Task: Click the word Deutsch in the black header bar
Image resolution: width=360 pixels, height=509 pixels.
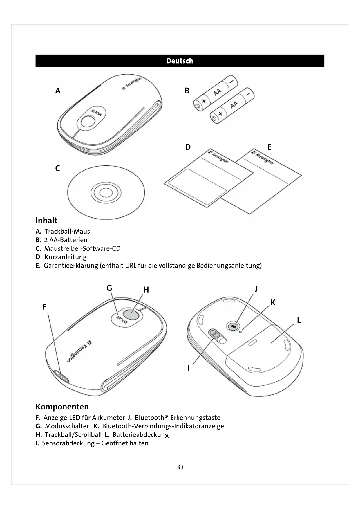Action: tap(180, 61)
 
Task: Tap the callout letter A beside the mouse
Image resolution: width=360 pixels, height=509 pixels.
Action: tap(58, 91)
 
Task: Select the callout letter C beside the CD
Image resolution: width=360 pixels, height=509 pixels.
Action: tap(57, 168)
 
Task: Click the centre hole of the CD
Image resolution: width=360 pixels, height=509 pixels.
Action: tap(106, 192)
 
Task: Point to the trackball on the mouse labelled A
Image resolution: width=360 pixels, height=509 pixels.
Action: tap(88, 121)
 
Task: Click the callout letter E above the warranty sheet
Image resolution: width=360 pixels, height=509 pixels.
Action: tap(269, 147)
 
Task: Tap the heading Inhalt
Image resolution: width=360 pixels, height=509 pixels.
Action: tap(46, 221)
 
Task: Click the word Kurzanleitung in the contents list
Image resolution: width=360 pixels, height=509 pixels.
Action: tap(66, 257)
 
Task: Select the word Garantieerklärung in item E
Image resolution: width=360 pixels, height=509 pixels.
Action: tap(71, 266)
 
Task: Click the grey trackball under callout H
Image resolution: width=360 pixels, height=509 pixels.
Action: tap(131, 314)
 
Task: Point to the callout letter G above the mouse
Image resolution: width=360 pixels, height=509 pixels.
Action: tap(109, 288)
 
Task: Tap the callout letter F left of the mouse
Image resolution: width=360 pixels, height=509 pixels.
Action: tap(44, 307)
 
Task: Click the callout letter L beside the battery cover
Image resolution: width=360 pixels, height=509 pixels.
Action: tap(299, 321)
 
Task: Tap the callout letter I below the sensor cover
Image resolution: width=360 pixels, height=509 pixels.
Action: tap(189, 368)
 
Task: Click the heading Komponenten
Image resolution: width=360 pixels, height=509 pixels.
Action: tap(62, 407)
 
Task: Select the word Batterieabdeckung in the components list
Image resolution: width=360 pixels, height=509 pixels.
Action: tap(140, 435)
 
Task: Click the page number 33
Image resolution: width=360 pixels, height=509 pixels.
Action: tap(180, 467)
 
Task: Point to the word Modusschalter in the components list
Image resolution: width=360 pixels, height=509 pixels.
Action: tap(67, 426)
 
